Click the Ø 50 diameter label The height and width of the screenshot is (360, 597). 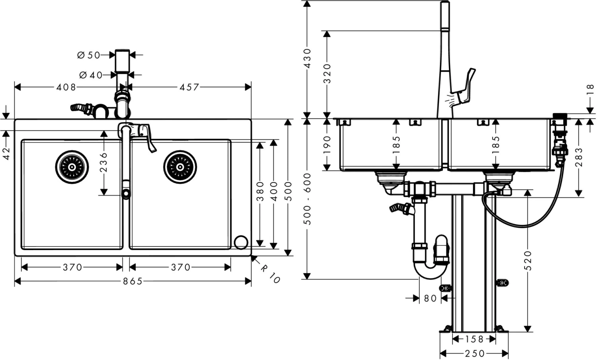[x=88, y=55]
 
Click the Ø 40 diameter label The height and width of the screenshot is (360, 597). [x=91, y=75]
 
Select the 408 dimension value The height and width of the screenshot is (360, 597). [x=66, y=87]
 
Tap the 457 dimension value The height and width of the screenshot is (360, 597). [x=189, y=87]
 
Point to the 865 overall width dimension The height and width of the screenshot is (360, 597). [x=133, y=281]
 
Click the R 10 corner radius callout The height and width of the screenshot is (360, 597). [x=270, y=274]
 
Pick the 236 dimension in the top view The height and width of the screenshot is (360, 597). [x=103, y=162]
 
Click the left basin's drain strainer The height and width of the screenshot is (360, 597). [x=72, y=167]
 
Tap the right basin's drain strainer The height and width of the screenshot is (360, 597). [x=180, y=167]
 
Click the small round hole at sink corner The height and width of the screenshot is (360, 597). [x=241, y=243]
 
